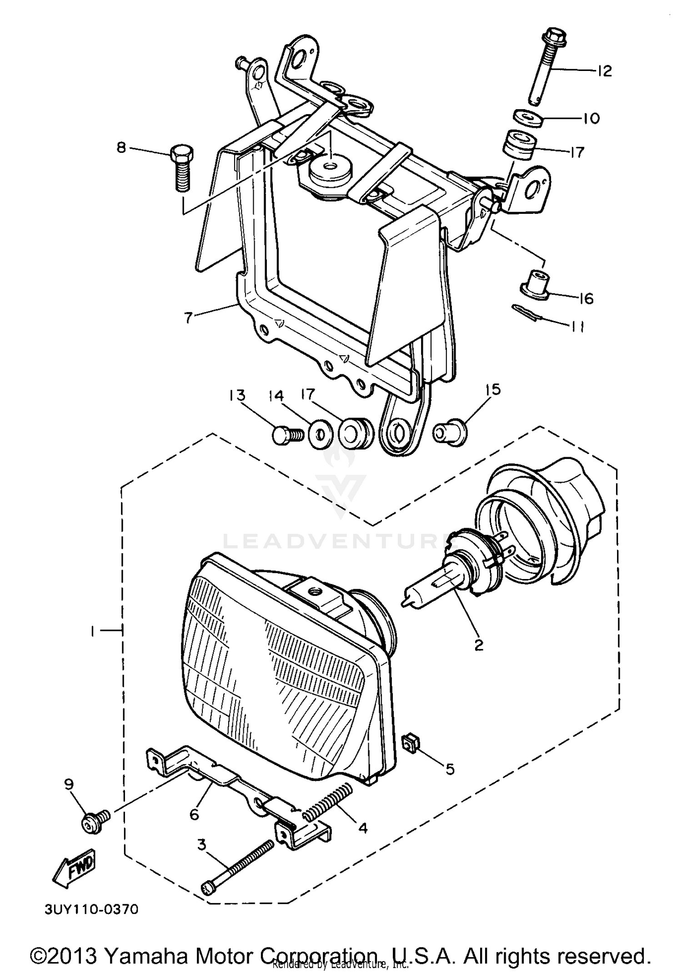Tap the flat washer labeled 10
pyautogui.click(x=529, y=117)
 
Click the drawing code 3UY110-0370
pyautogui.click(x=91, y=909)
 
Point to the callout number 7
pyautogui.click(x=189, y=317)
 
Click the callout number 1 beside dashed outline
pyautogui.click(x=92, y=631)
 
